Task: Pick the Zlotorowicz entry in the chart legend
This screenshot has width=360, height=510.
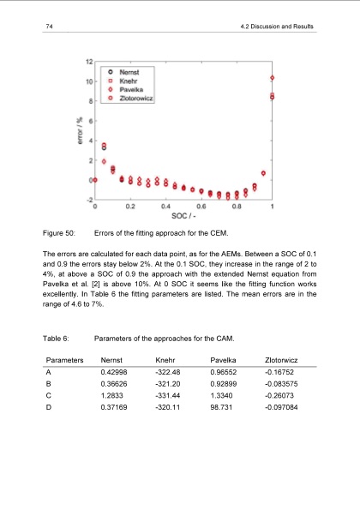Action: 135,97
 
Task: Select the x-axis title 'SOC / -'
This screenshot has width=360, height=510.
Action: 183,215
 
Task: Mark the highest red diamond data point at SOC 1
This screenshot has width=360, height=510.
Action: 272,78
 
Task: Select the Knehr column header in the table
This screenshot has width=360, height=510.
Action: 165,362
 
